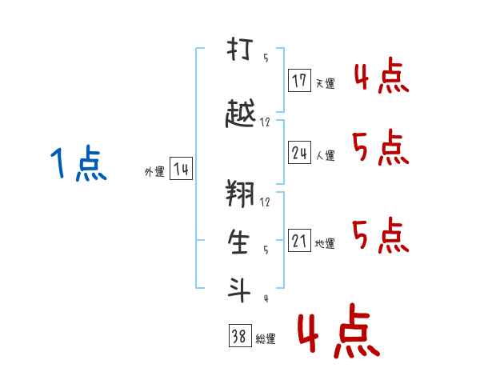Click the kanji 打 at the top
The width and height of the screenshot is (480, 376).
pos(240,49)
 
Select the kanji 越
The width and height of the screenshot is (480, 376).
pos(240,113)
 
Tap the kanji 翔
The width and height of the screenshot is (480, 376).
pos(240,194)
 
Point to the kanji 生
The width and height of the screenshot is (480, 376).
pos(238,242)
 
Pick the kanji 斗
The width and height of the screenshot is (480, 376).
pos(238,290)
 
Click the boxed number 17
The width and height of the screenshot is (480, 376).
pos(299,80)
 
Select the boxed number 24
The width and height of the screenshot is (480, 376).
pos(299,152)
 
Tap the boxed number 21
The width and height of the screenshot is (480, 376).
pos(299,240)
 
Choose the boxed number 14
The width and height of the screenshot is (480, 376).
pos(181,168)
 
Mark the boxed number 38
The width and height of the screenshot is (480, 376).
pos(240,335)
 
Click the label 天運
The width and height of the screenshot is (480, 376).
pos(325,83)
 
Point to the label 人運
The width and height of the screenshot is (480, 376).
pos(325,155)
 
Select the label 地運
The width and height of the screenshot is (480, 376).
pos(325,243)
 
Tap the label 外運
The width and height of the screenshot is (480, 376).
pos(154,172)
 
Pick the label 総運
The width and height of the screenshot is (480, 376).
pos(266,339)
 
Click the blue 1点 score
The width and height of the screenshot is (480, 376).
pos(78,163)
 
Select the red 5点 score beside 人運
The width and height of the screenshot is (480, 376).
pos(381,147)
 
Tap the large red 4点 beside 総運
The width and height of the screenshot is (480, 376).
pos(339,331)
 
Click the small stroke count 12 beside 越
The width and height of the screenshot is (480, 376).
pos(265,122)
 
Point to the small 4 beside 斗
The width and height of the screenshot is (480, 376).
pos(266,298)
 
